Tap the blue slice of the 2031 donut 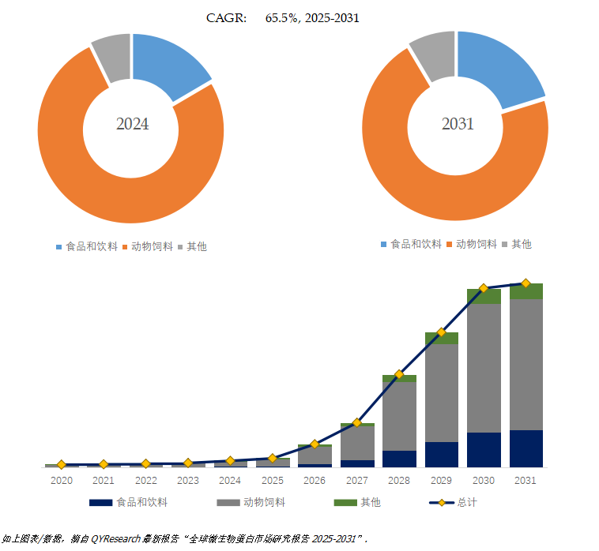[495, 68]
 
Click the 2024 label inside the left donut [132, 124]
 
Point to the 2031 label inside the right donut [457, 124]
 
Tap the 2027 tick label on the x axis [356, 480]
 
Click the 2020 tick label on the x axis [62, 480]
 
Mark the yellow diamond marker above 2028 [399, 374]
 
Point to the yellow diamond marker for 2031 [526, 283]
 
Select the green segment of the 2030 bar [484, 297]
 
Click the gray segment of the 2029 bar [441, 392]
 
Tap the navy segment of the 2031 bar [526, 448]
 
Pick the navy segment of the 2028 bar [399, 459]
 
